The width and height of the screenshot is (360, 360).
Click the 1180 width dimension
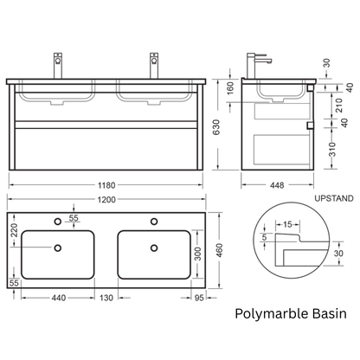106,185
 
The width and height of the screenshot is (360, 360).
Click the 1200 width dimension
106,200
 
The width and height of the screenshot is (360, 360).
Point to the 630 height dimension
216,127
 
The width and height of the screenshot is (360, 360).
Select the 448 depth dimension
277,185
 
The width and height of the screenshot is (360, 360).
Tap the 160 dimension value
230,89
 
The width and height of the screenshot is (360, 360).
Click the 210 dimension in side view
339,106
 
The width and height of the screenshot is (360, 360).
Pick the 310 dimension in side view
332,149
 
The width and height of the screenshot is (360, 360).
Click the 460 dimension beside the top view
220,251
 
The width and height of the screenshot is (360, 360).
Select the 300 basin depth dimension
197,254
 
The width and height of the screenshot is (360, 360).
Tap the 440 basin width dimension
59,298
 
